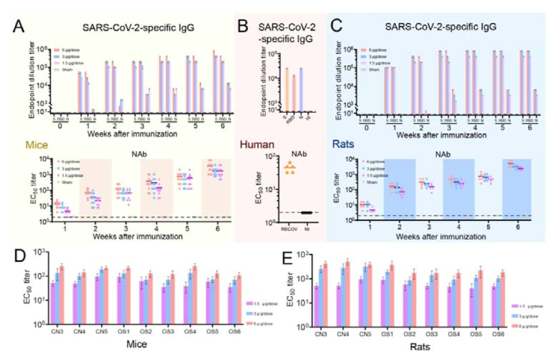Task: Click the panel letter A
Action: [20, 27]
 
